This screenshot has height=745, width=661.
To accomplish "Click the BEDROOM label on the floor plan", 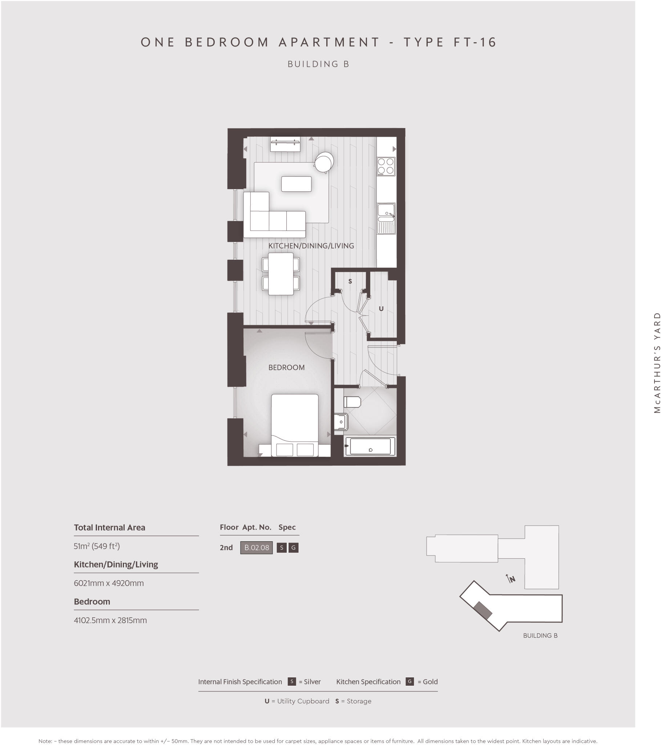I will [x=286, y=367].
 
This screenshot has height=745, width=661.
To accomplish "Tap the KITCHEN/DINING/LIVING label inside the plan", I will [x=311, y=246].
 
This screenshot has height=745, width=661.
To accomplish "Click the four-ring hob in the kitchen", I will [x=386, y=166].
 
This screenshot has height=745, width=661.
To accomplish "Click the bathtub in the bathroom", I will [x=370, y=446].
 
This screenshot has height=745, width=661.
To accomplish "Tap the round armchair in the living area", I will [x=324, y=162].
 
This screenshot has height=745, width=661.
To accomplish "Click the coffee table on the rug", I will [x=296, y=184].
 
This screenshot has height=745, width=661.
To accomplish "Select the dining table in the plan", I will [x=281, y=274].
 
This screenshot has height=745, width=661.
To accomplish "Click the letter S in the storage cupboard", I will [x=350, y=282].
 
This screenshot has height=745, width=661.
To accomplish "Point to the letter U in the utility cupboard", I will [x=381, y=309].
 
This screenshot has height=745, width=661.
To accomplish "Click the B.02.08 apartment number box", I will [x=257, y=547].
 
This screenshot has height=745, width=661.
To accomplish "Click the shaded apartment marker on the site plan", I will [x=483, y=610].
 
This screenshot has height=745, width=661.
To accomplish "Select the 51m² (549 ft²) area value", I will [x=97, y=546].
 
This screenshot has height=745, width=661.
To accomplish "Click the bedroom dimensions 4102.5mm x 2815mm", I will [x=110, y=620].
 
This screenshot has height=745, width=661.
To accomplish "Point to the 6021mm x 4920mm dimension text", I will [x=109, y=583].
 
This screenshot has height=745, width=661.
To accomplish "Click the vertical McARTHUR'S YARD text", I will [x=657, y=363].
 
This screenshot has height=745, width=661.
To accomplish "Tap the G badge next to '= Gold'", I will [x=410, y=682].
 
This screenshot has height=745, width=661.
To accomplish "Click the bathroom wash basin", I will [x=340, y=422].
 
